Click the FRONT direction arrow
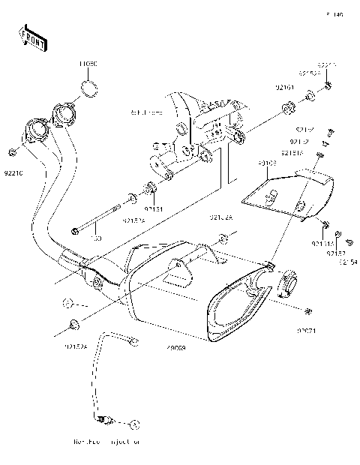pos(34,38)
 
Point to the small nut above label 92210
pos(13,154)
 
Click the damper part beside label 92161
pos(287,112)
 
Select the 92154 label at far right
pos(349,262)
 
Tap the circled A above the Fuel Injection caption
pos(136,423)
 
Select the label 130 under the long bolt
pos(95,238)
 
